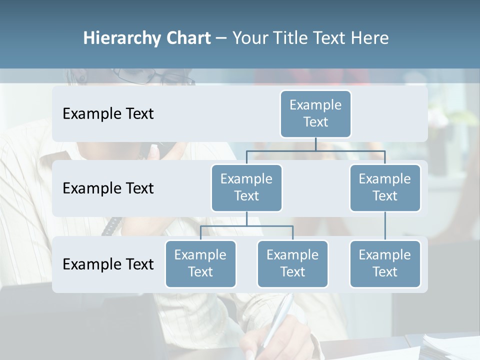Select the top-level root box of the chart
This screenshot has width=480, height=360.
315,113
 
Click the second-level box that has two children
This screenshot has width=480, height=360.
246,187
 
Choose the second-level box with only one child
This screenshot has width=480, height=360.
385,187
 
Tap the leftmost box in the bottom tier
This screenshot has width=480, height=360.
200,263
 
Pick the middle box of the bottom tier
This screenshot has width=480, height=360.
292,263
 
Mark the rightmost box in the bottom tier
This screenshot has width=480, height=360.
385,263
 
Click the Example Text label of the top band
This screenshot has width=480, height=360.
108,114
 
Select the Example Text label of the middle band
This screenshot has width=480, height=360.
108,188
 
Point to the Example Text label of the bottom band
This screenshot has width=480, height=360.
108,264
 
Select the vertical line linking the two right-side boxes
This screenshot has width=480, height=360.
385,226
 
